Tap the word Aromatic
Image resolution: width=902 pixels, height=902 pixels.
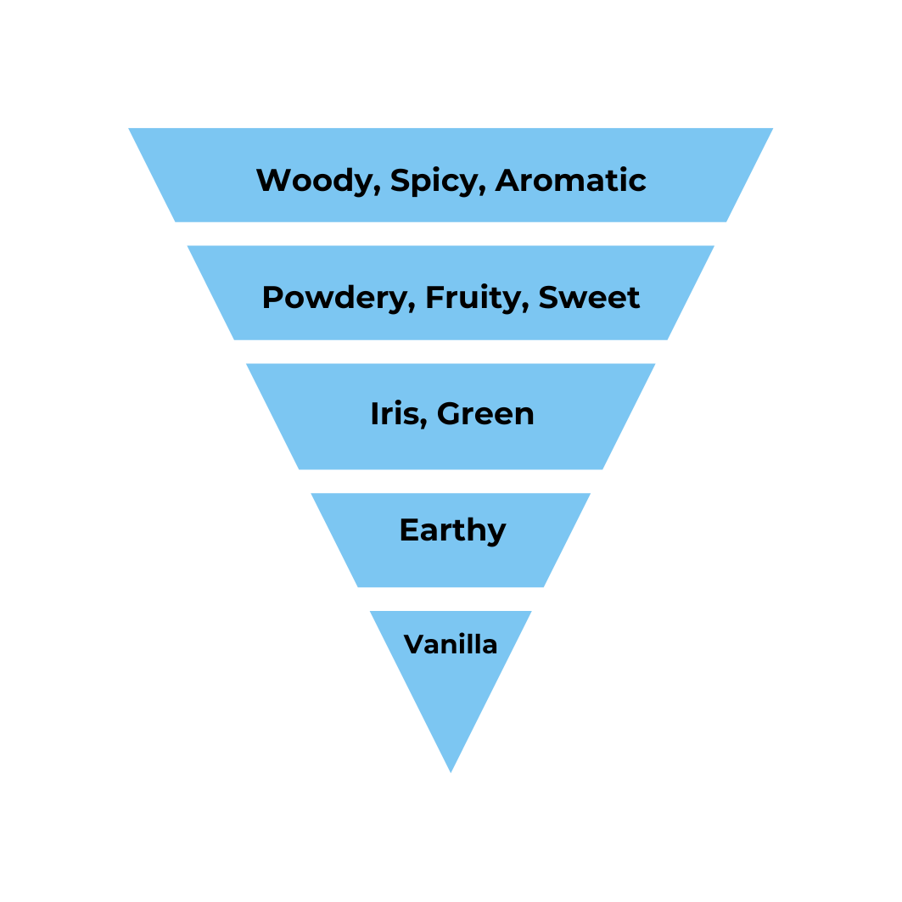click(x=571, y=181)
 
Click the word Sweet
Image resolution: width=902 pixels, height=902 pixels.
click(x=589, y=298)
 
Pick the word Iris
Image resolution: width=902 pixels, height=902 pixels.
click(x=394, y=414)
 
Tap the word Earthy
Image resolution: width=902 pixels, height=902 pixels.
click(x=452, y=531)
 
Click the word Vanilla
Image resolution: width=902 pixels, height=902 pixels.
click(x=451, y=645)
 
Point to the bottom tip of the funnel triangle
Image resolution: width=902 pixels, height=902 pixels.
click(x=451, y=771)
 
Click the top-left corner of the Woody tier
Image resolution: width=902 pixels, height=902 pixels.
click(x=130, y=129)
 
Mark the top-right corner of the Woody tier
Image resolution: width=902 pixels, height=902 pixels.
click(x=771, y=129)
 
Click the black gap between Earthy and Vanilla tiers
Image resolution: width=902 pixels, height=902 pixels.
click(x=451, y=599)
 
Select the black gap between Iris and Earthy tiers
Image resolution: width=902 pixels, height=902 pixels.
click(x=451, y=481)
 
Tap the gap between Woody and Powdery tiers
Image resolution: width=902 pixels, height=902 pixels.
click(x=451, y=233)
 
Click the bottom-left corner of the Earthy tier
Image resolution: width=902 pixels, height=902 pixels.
click(x=358, y=586)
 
